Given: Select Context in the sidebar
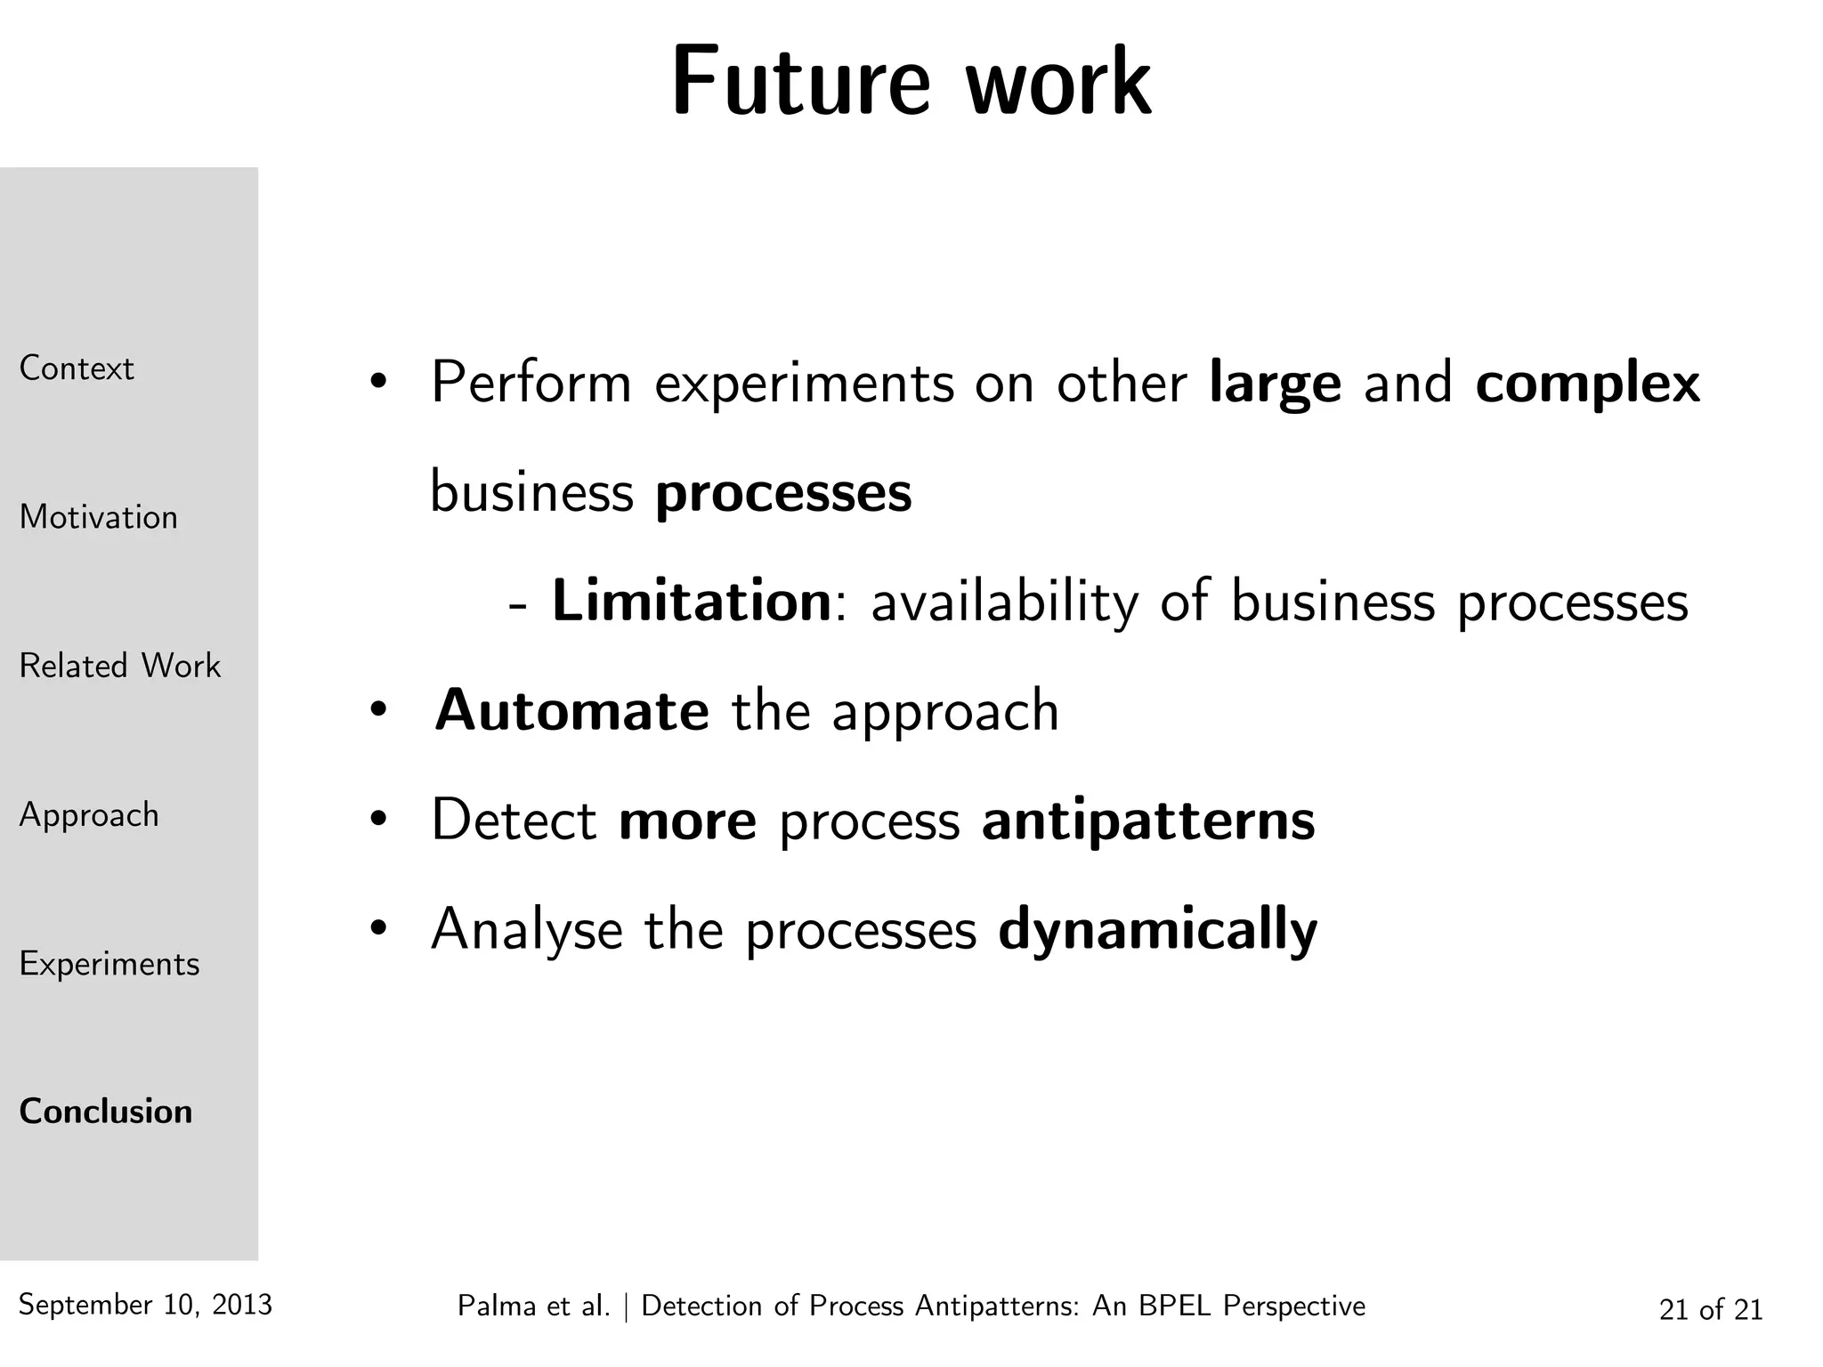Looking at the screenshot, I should click(x=77, y=368).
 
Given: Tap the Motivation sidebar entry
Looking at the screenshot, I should click(x=98, y=517).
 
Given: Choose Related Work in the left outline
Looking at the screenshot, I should click(x=119, y=666).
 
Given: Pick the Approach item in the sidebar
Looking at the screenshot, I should click(x=89, y=815).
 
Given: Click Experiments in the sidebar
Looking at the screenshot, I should click(x=109, y=964).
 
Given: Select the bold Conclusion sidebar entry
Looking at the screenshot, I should click(x=105, y=1112).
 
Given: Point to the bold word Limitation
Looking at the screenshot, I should click(x=692, y=601).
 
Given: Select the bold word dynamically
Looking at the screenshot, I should click(x=1157, y=930).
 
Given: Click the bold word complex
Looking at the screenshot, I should click(x=1587, y=384).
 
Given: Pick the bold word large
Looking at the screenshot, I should click(x=1275, y=384).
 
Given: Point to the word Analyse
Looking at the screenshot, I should click(x=527, y=930).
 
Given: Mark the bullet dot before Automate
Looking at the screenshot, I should click(x=378, y=711).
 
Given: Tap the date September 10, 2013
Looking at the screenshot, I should click(x=145, y=1305).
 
